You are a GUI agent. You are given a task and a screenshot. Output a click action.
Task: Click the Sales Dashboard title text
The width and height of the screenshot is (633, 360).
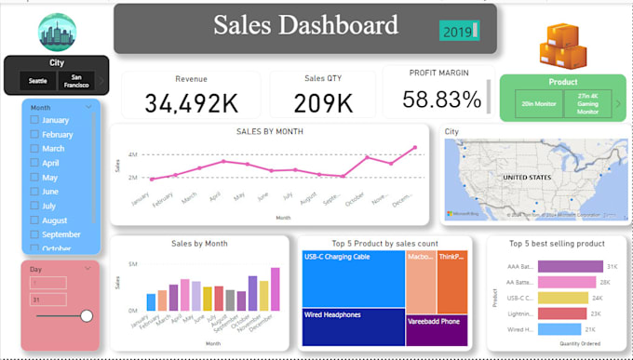tap(305, 26)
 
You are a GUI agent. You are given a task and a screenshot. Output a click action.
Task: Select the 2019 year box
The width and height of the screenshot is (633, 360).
tap(457, 32)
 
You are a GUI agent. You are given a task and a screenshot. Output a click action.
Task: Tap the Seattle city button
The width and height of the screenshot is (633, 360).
tap(37, 81)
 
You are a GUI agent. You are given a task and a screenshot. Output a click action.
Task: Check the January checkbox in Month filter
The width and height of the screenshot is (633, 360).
tap(34, 121)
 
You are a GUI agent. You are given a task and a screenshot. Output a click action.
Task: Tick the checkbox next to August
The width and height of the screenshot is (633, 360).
tap(34, 220)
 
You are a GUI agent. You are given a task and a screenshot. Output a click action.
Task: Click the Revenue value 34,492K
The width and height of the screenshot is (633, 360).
tap(191, 101)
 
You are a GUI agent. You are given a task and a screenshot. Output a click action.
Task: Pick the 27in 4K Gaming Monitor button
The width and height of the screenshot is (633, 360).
tap(586, 102)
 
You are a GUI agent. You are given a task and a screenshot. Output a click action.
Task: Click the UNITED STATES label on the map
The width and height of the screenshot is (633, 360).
tap(527, 177)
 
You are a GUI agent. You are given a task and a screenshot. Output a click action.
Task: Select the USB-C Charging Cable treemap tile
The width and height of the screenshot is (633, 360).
tap(352, 279)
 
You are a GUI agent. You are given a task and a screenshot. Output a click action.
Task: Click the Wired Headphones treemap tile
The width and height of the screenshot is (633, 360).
tap(352, 327)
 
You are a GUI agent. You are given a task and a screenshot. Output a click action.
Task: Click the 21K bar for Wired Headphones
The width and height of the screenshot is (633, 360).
tap(558, 329)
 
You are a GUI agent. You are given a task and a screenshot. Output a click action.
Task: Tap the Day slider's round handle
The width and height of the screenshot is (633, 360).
tap(87, 316)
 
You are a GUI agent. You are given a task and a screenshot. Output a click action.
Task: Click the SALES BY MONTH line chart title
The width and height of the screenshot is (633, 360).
tap(269, 131)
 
